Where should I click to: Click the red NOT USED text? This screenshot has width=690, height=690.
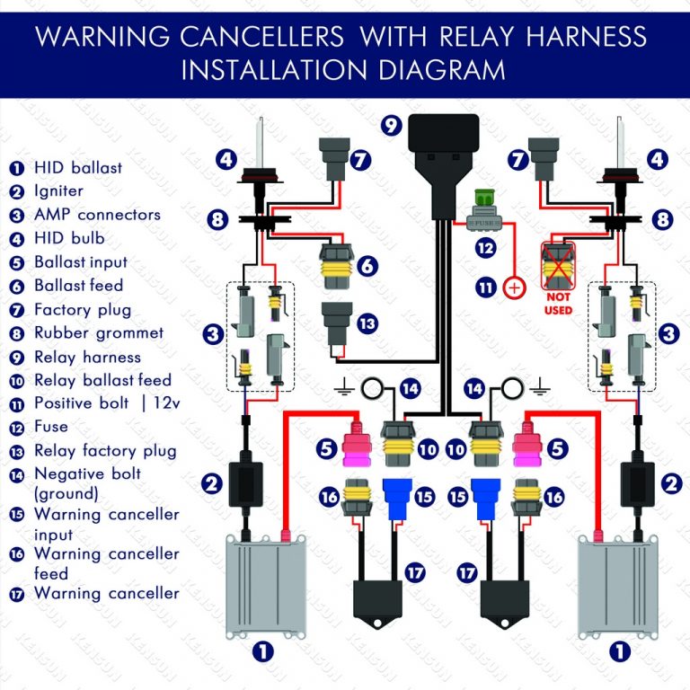(x=558, y=305)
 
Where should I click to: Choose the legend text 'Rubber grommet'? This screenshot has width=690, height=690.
(x=99, y=333)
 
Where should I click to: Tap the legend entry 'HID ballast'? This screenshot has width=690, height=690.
(x=77, y=167)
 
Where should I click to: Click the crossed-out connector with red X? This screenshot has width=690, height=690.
(x=558, y=264)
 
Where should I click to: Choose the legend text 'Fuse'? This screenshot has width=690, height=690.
(x=51, y=427)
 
